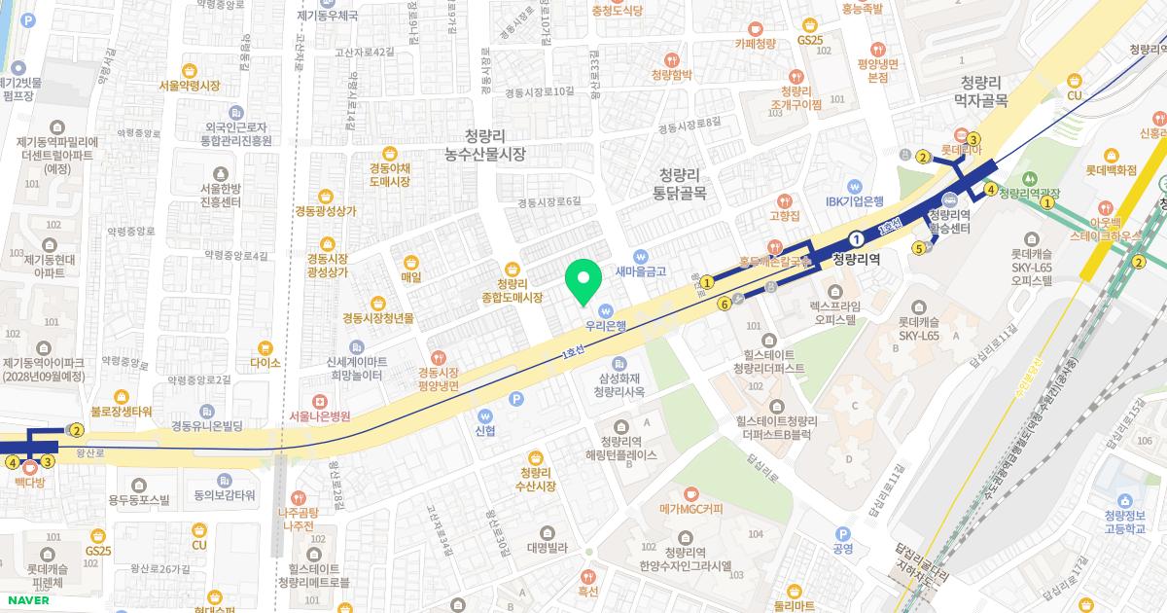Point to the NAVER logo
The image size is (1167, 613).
point(25,600)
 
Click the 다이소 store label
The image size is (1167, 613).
point(265,362)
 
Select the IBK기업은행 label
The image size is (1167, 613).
point(855,201)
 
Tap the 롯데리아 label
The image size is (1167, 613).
point(960,151)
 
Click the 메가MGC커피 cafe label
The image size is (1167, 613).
point(690,507)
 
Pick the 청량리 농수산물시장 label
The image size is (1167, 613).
point(484,145)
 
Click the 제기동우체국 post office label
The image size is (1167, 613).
point(328,17)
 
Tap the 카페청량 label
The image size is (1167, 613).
point(755,43)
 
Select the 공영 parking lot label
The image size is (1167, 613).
point(843,548)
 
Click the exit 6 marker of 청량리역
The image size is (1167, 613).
point(725,304)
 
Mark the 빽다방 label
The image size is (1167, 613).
point(30,481)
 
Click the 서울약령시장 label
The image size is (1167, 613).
point(190,85)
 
